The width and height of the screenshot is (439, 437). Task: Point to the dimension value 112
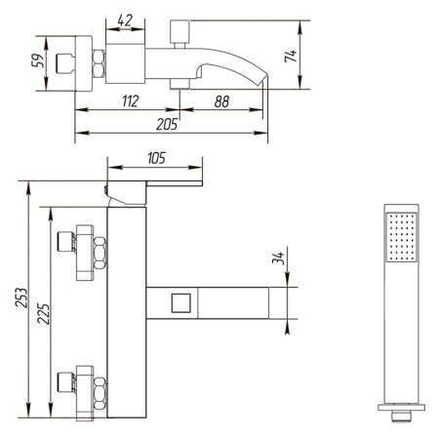click(130, 101)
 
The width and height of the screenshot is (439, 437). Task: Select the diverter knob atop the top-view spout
click(180, 32)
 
